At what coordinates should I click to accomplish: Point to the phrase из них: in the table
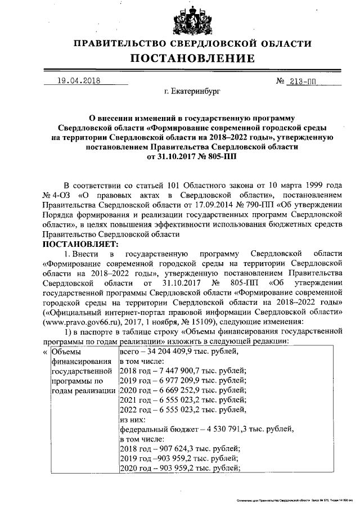point(133,419)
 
